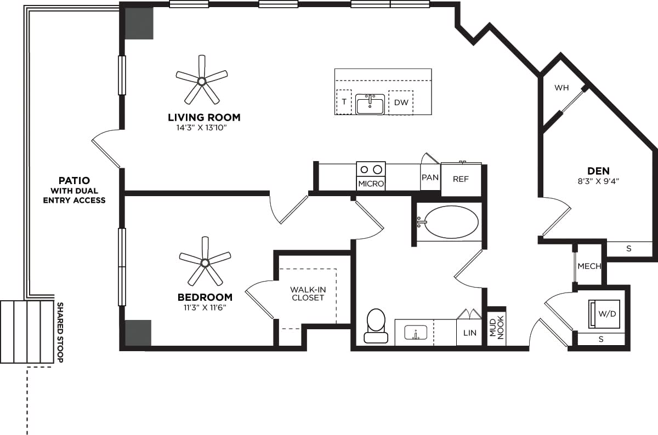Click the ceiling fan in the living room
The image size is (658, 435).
tap(202, 81)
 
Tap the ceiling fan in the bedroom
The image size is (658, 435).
tap(205, 263)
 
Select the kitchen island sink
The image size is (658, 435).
tap(370, 104)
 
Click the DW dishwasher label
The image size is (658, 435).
tap(400, 102)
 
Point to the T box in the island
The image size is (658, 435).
tap(344, 102)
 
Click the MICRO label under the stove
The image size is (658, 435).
tap(371, 184)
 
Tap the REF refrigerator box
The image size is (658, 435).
tap(461, 179)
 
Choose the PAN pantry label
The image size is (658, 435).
tap(430, 178)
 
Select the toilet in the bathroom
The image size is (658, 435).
tap(376, 325)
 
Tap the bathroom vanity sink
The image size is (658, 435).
tap(416, 332)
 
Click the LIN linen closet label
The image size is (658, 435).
tap(470, 333)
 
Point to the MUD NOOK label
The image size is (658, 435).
tap(496, 328)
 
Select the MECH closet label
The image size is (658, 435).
tap(589, 266)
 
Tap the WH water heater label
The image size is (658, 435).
tap(561, 88)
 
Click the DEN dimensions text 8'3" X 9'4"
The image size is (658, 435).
tap(598, 180)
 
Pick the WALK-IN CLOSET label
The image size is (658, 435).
tap(308, 293)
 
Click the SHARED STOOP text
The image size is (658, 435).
tap(60, 332)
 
